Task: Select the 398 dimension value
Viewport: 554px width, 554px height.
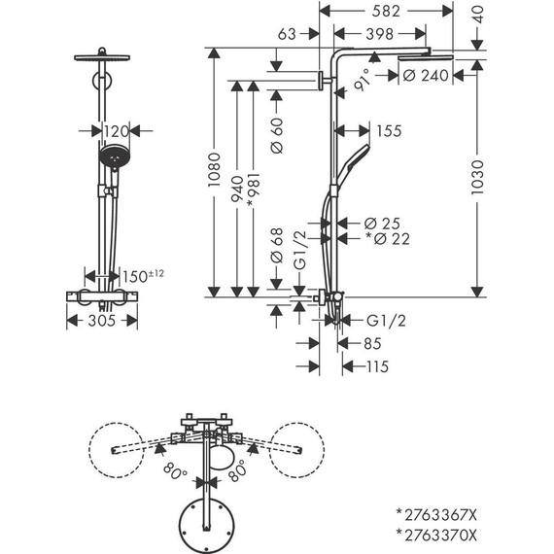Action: [x=387, y=36]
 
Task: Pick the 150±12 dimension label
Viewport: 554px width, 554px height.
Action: [x=143, y=278]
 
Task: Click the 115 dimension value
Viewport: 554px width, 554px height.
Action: [x=378, y=366]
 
